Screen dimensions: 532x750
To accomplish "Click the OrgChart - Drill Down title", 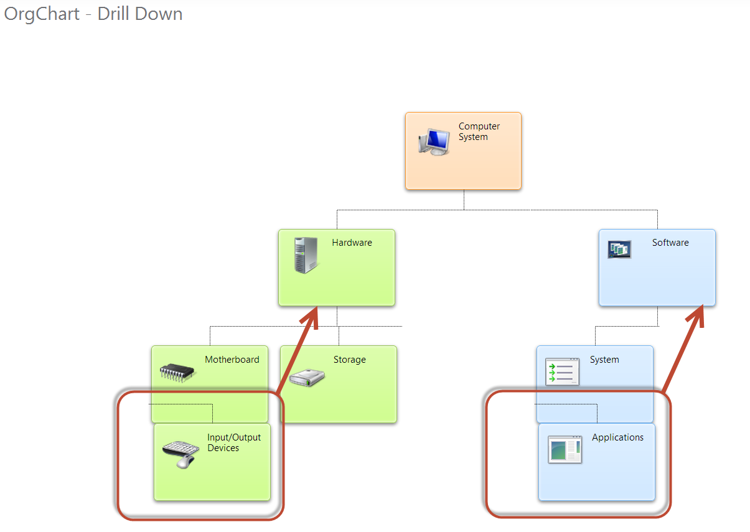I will [93, 14].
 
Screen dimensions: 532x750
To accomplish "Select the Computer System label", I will [479, 131].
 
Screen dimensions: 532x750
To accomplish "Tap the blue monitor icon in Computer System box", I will [434, 142].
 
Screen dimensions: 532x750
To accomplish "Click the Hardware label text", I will [352, 243].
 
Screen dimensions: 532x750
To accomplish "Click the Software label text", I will [670, 243].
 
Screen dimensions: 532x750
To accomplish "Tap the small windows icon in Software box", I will [619, 250].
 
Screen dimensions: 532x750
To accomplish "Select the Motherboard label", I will [232, 360].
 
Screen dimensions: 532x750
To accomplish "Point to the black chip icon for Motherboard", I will [177, 372].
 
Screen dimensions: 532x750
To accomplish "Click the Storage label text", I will [349, 360].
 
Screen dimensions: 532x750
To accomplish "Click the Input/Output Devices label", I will [234, 442].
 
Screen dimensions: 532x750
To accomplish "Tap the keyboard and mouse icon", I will [180, 454].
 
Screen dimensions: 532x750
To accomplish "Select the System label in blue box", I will [604, 360].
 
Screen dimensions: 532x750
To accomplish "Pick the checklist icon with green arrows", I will [562, 372].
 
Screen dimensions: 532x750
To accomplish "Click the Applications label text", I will [617, 437].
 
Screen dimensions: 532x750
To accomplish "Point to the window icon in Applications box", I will [565, 449].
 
